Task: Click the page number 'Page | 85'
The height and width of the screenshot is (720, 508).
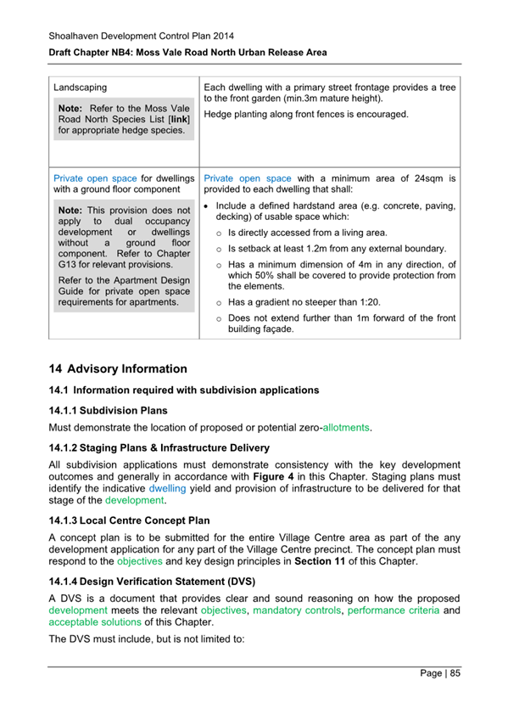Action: [x=440, y=673]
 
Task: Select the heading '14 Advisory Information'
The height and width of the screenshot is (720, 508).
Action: [x=118, y=369]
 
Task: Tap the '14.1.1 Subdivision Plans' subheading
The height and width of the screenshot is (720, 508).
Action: [x=109, y=409]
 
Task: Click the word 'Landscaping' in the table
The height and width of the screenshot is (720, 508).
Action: [x=80, y=87]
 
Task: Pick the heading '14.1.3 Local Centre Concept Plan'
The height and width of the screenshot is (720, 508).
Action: [x=130, y=520]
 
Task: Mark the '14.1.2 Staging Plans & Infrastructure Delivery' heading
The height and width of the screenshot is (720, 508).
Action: [x=159, y=447]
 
